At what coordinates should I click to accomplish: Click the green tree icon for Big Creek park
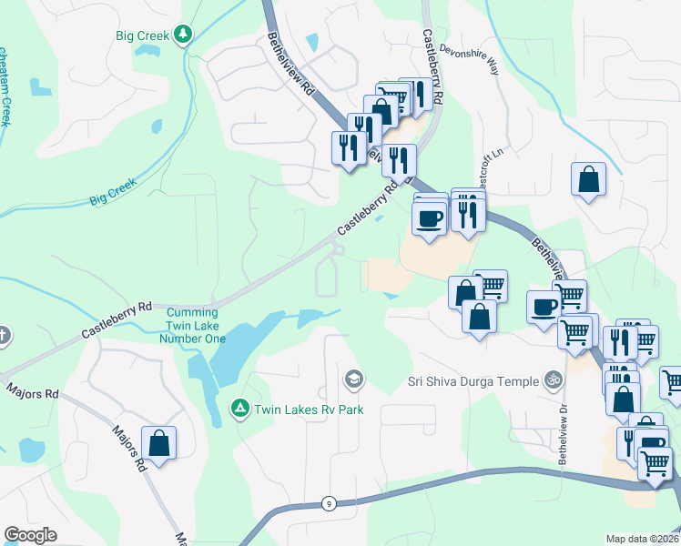(x=184, y=35)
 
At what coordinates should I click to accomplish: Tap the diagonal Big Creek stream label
(x=112, y=191)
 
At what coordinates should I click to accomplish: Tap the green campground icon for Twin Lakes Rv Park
(x=239, y=409)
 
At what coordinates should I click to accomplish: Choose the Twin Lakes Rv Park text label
(x=309, y=410)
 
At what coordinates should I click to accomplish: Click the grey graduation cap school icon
(x=353, y=379)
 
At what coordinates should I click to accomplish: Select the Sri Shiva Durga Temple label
(x=470, y=379)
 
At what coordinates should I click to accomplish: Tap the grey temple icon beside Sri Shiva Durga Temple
(x=552, y=379)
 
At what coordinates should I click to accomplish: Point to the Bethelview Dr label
(x=562, y=433)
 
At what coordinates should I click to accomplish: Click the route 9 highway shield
(x=328, y=503)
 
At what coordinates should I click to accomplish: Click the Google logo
(x=30, y=535)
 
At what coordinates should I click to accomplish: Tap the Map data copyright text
(x=643, y=539)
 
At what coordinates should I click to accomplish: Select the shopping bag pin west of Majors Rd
(x=158, y=443)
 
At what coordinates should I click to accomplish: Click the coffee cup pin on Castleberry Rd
(x=429, y=218)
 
